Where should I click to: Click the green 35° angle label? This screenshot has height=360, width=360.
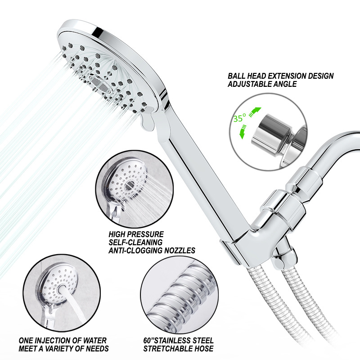pyautogui.click(x=240, y=118)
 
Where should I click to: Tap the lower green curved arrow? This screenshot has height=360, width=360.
pyautogui.click(x=243, y=132)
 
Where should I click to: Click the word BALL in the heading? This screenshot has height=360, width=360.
pyautogui.click(x=235, y=76)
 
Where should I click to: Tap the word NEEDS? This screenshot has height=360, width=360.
pyautogui.click(x=97, y=348)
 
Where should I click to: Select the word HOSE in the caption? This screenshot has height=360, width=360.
pyautogui.click(x=203, y=348)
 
